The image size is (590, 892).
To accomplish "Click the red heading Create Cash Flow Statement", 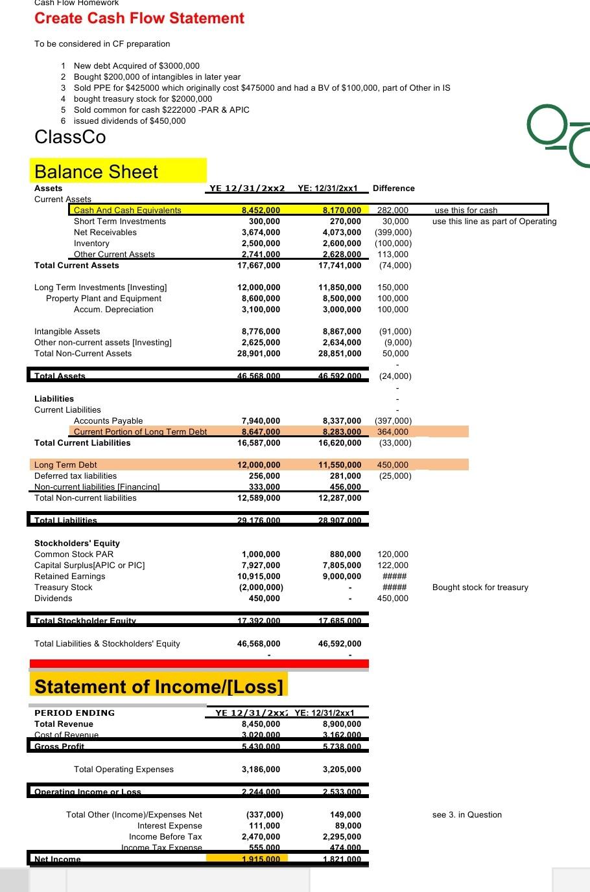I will point(139,18).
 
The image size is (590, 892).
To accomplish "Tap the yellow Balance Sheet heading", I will point(96,172).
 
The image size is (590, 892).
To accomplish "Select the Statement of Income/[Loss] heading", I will point(159,687).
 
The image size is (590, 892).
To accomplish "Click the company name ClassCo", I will point(70,137).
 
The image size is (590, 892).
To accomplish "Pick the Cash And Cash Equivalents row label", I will point(127,210).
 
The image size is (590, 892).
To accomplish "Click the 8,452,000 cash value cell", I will point(261,210).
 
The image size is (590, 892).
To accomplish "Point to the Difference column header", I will point(394,189).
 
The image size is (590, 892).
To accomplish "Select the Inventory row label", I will point(91,244).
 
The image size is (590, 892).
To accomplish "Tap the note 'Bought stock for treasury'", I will point(480,588).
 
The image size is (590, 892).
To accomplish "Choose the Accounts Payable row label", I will point(108,421).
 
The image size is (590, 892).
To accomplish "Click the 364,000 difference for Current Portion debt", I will point(393,432).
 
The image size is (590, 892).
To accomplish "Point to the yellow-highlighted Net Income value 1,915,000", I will point(261,859).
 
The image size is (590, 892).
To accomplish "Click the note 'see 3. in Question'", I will point(467,815).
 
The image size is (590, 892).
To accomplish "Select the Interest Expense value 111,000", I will point(265,826).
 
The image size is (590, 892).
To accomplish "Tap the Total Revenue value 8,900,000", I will point(342,724).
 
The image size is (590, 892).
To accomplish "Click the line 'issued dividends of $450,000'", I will point(130,121).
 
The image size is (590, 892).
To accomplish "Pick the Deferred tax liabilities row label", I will point(75,476).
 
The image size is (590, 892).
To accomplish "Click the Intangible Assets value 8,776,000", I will point(261,332).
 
